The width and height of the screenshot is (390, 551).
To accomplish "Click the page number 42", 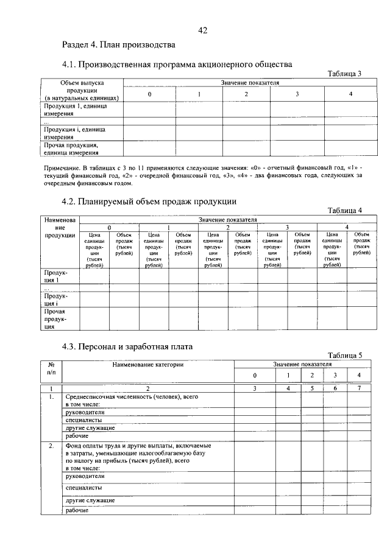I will (204, 31).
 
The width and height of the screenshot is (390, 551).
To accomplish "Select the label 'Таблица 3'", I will (344, 74).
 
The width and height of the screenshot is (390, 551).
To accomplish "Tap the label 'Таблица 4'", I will (344, 210).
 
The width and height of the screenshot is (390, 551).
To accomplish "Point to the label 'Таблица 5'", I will (344, 355).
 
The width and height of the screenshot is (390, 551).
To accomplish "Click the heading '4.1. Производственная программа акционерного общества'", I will (177, 64).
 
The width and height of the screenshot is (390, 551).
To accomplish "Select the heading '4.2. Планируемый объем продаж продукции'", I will (149, 202).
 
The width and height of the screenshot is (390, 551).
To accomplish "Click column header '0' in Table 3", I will (150, 94).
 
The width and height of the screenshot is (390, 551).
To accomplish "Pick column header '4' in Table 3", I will (350, 94).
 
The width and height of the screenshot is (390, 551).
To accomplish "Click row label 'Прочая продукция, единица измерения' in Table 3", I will (71, 149).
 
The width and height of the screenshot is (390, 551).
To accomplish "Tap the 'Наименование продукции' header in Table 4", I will (60, 227).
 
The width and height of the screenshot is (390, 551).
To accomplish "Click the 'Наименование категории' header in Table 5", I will (147, 364).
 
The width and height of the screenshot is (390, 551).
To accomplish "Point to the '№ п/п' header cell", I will (51, 368).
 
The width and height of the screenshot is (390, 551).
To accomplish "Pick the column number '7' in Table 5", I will (359, 388).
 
